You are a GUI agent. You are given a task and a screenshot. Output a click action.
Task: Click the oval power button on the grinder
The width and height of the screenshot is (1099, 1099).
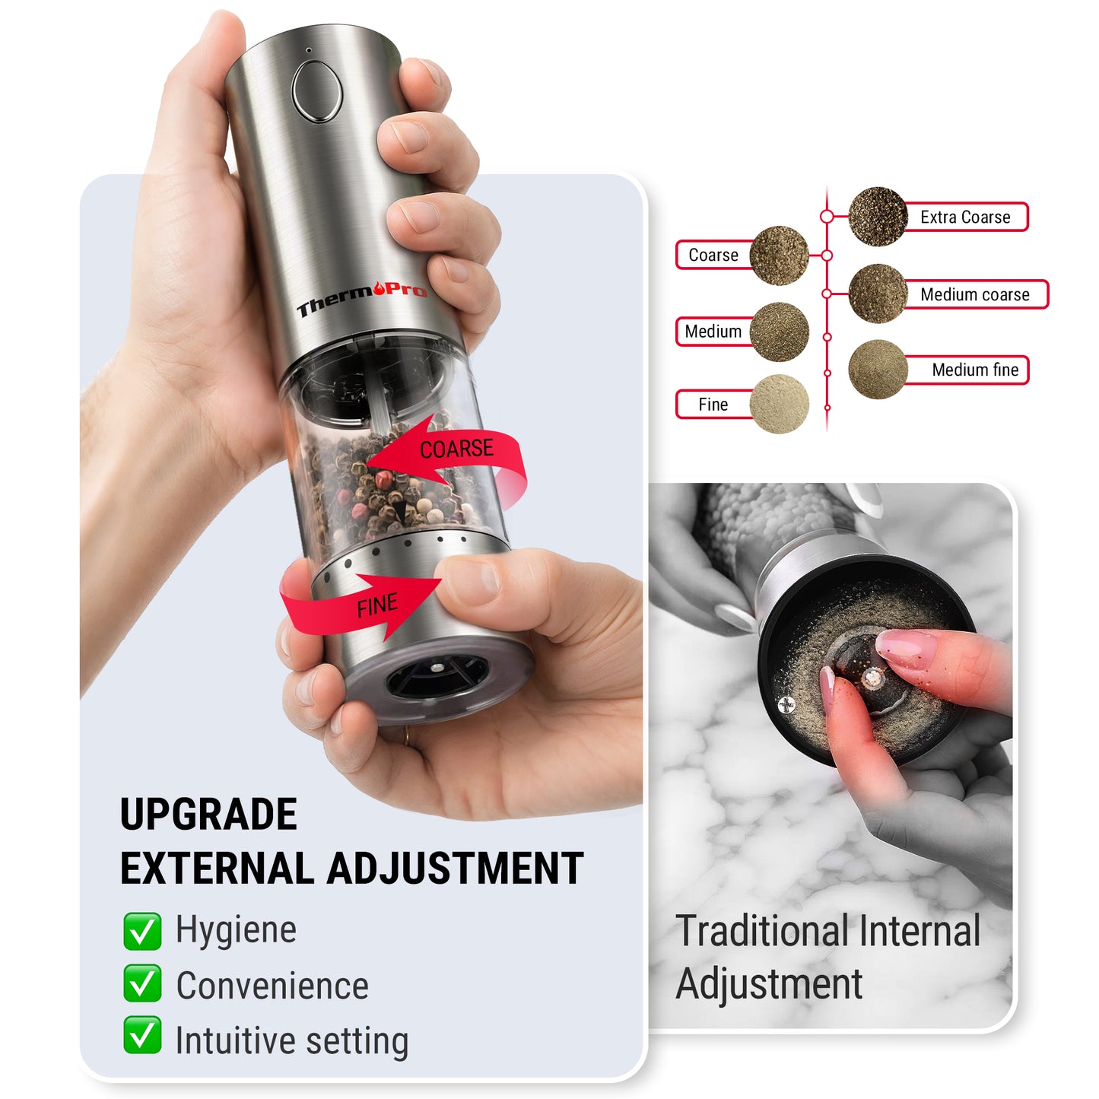pyautogui.click(x=317, y=91)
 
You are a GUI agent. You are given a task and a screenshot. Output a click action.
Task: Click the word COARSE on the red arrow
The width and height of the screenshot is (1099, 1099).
pyautogui.click(x=456, y=449)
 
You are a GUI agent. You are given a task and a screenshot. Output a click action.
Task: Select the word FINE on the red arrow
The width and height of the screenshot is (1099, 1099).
pyautogui.click(x=377, y=606)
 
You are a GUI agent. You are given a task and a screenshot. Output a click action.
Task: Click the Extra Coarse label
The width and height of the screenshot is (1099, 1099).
pyautogui.click(x=965, y=218)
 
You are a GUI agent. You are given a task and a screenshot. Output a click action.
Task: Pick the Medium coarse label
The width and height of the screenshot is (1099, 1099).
pyautogui.click(x=974, y=295)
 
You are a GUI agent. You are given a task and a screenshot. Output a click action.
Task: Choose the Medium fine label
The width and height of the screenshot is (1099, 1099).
pyautogui.click(x=974, y=370)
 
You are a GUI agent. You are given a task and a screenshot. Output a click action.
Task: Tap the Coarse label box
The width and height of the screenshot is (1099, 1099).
pyautogui.click(x=713, y=256)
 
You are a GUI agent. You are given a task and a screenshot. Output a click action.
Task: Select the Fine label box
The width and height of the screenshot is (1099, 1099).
pyautogui.click(x=713, y=405)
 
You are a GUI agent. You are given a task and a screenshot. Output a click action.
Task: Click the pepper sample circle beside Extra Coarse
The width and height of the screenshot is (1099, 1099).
pyautogui.click(x=878, y=217)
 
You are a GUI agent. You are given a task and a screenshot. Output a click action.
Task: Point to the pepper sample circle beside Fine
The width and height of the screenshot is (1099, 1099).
pyautogui.click(x=779, y=404)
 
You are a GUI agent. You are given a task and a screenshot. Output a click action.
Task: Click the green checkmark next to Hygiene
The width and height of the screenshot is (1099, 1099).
pyautogui.click(x=142, y=932)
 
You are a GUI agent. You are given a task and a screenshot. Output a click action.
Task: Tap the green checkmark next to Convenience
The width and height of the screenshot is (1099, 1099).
pyautogui.click(x=142, y=983)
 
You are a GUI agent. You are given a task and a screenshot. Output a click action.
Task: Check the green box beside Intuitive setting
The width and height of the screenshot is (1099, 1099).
pyautogui.click(x=142, y=1035)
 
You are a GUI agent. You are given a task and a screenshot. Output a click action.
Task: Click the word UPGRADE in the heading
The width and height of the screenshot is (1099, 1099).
pyautogui.click(x=208, y=815)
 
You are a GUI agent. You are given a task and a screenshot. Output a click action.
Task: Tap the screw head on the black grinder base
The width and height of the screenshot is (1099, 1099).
pyautogui.click(x=786, y=706)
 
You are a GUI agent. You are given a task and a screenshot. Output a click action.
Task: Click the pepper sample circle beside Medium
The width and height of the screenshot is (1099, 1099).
pyautogui.click(x=779, y=332)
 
